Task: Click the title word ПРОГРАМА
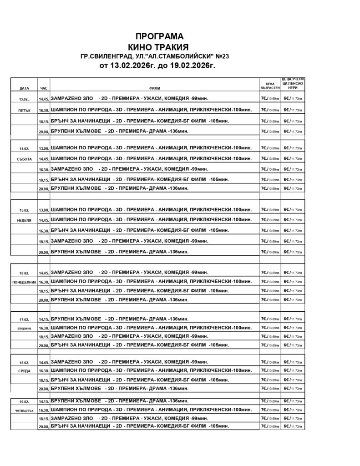159,36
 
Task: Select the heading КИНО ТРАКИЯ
159,47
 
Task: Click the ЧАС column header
44,88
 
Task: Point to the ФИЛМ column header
154,88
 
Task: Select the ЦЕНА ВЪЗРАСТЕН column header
269,86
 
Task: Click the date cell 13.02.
24,99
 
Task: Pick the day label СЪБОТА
24,159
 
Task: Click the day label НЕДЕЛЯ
24,220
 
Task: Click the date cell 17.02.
24,319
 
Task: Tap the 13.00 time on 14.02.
44,149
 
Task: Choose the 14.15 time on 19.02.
44,402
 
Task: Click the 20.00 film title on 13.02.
120,131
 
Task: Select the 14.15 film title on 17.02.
120,319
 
